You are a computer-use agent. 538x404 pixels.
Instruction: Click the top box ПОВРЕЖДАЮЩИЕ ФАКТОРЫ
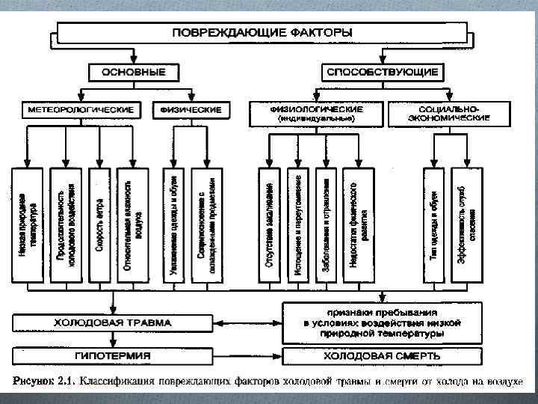point(263,33)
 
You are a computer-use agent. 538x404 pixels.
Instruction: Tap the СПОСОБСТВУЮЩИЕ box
point(382,73)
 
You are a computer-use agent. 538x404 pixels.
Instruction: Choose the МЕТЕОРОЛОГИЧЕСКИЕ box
point(81,110)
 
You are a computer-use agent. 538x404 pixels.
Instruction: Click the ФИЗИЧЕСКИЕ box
point(191,110)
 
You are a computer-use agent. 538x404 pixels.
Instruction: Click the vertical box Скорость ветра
point(100,225)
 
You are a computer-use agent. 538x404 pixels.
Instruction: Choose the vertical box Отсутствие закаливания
point(270,225)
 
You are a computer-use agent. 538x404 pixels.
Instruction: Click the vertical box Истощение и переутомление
point(298,225)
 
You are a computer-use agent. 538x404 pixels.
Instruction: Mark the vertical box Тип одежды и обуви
point(435,225)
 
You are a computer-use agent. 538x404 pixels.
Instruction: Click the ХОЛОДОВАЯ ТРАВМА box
point(112,323)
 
